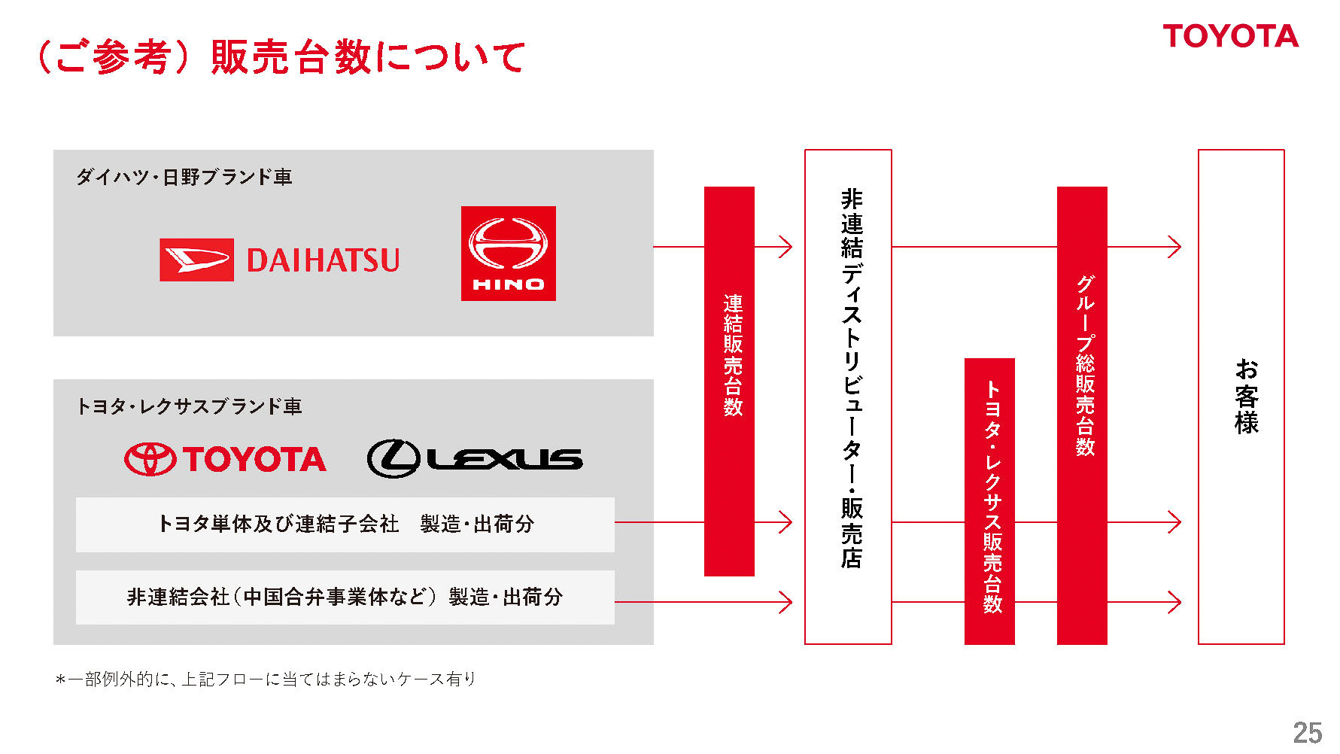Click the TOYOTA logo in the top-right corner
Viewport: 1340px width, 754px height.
point(1230,36)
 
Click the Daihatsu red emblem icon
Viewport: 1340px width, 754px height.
point(196,260)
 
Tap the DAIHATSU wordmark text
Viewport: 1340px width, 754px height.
point(323,260)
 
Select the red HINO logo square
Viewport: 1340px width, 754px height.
point(508,254)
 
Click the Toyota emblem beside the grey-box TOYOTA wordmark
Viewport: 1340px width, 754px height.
point(150,459)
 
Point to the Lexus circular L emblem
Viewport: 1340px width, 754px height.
point(393,458)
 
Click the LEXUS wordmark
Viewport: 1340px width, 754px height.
point(506,459)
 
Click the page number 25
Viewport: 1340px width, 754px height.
point(1307,732)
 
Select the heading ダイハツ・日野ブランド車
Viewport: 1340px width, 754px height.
point(184,177)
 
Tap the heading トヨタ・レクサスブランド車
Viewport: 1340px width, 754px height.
point(189,406)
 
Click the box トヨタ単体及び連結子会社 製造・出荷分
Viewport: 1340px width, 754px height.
point(345,524)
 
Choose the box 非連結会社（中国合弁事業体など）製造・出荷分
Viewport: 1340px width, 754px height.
point(345,597)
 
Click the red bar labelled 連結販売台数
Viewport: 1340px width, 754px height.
point(729,381)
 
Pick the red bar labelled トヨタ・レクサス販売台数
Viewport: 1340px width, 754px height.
point(989,500)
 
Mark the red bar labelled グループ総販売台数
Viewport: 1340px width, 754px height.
point(1082,415)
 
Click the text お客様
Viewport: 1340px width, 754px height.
point(1245,396)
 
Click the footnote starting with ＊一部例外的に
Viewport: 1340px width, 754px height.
point(266,680)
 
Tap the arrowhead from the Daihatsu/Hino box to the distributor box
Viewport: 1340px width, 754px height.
point(785,247)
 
